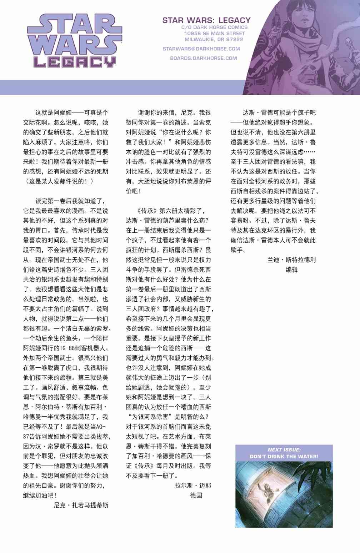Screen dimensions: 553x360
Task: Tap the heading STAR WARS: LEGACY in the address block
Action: (x=206, y=20)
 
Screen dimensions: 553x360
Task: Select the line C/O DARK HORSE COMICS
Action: (x=214, y=27)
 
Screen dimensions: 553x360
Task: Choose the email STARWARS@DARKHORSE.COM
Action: (x=201, y=49)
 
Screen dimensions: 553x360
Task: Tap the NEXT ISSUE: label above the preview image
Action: (x=284, y=450)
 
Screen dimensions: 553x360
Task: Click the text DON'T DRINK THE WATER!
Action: (x=284, y=456)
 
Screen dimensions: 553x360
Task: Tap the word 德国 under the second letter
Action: (x=196, y=496)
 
